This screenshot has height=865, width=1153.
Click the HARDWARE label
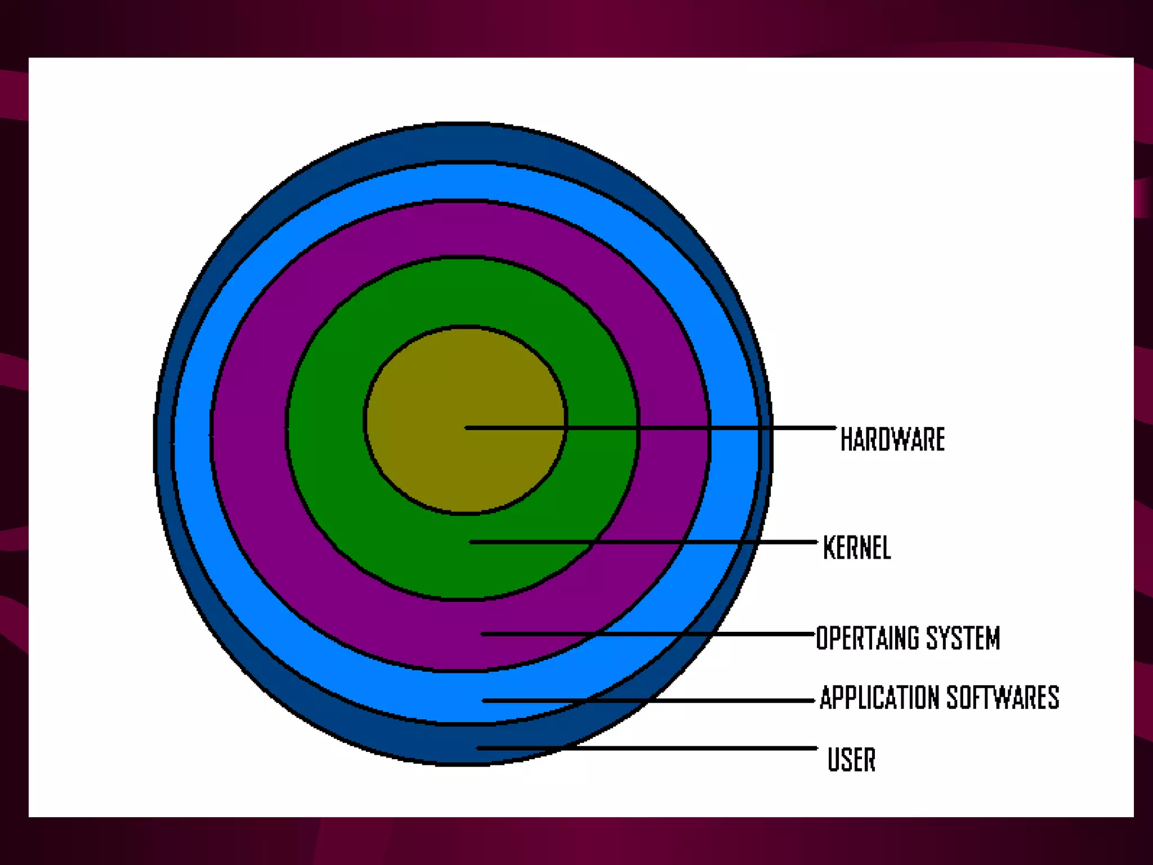[892, 439]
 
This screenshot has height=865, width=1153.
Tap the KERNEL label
[857, 547]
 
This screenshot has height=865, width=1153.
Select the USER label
[851, 759]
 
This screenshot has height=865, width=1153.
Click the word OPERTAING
[868, 638]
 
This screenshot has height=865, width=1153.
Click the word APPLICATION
[879, 698]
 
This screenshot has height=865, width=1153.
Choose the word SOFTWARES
[1003, 698]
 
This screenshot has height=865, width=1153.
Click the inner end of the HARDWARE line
[467, 428]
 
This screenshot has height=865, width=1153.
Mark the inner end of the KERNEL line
[471, 542]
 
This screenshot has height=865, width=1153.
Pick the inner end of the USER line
[479, 748]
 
